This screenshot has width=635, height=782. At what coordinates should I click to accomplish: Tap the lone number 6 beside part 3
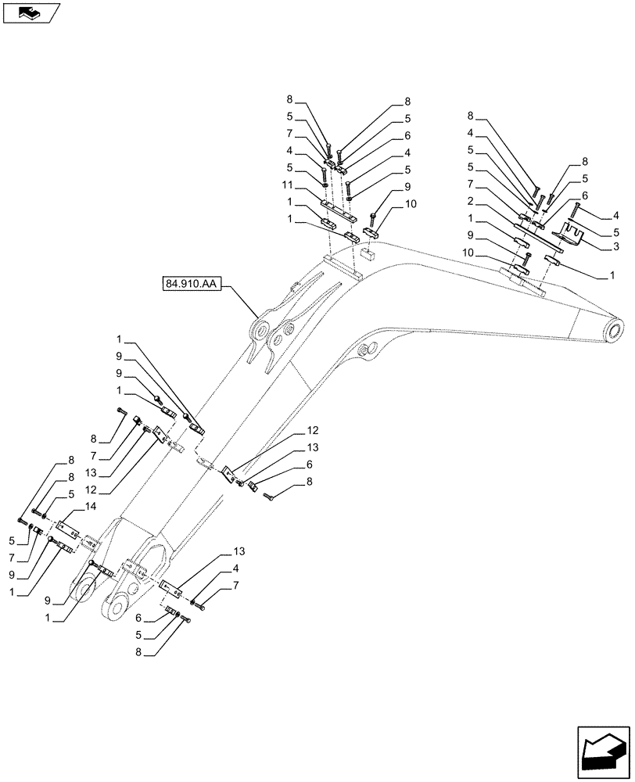coord(584,195)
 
